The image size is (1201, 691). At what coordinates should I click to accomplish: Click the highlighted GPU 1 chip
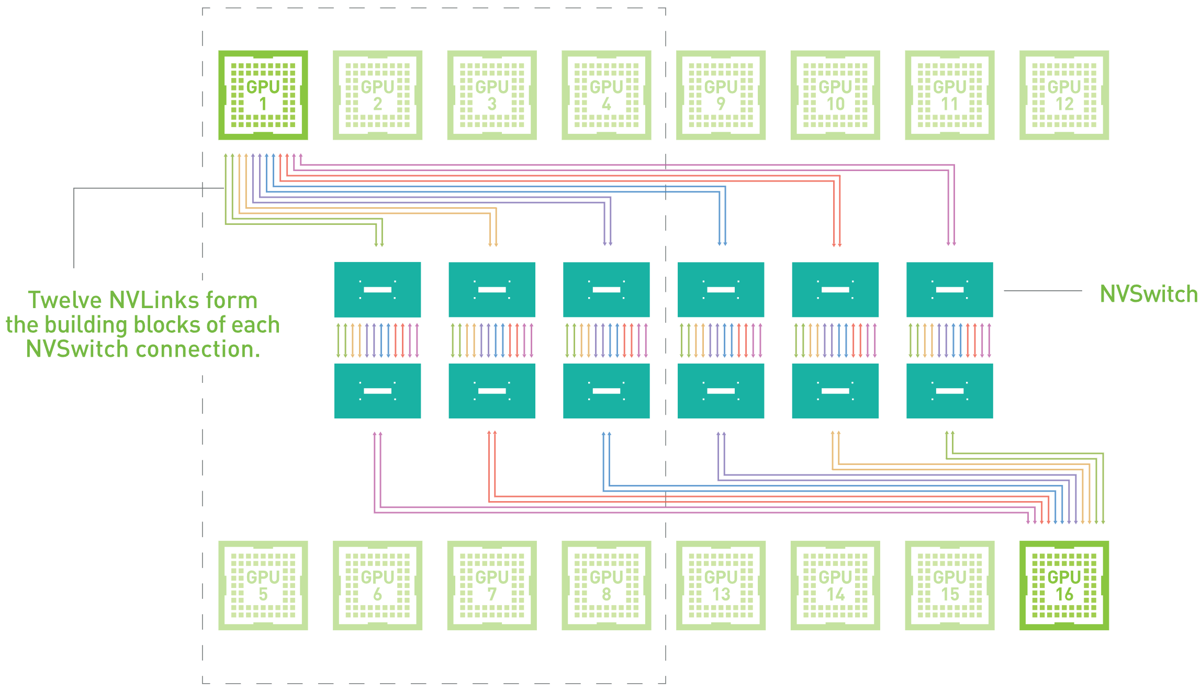coord(263,95)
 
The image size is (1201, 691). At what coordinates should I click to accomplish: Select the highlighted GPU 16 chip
coord(1064,585)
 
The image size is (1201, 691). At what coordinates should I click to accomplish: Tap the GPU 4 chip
coord(606,95)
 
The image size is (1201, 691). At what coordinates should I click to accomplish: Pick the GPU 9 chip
coord(721,95)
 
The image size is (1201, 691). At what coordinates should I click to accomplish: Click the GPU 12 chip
coord(1064,95)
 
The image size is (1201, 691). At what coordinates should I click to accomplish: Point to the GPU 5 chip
coord(263,585)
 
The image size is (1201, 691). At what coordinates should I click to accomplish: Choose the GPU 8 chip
coord(606,585)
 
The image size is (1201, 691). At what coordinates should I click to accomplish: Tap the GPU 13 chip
coord(721,585)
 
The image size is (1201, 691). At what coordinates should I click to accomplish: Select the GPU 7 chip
coord(492,585)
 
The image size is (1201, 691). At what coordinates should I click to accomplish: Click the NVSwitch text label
coord(1148,294)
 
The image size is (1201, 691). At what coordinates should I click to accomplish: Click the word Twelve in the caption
coord(65,300)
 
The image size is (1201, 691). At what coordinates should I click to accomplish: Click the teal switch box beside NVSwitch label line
coord(949,289)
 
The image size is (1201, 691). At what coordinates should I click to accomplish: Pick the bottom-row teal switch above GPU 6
coord(377,391)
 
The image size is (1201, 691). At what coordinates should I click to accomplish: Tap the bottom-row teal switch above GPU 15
coord(949,391)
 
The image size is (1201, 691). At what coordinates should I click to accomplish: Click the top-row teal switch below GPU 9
coord(721,289)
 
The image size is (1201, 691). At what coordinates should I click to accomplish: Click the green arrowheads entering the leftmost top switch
coord(379,243)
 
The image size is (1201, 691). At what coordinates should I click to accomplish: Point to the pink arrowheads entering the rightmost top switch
coord(951,243)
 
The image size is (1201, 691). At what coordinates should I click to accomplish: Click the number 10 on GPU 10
coord(835,104)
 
